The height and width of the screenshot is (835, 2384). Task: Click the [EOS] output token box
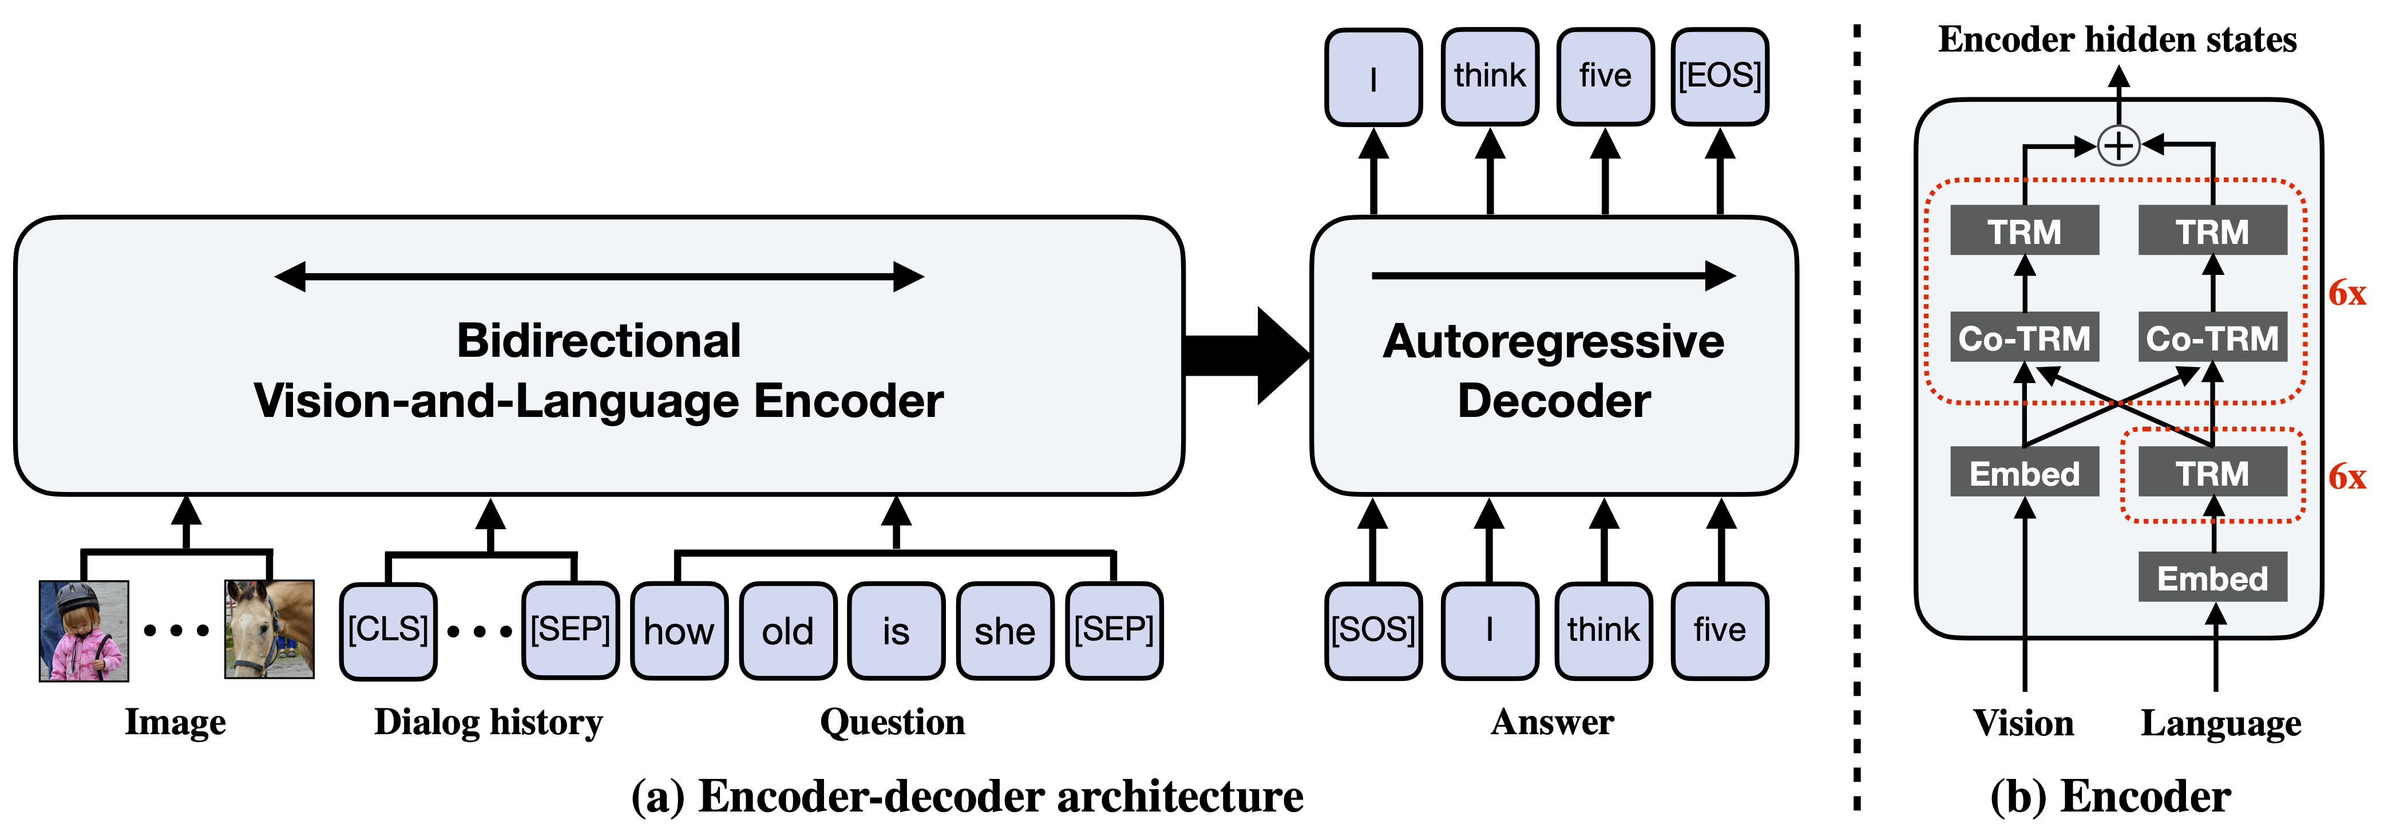coord(1720,77)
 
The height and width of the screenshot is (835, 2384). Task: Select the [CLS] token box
coord(388,631)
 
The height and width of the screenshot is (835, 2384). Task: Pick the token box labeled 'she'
coord(1005,631)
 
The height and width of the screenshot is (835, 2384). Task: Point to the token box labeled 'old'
coord(787,631)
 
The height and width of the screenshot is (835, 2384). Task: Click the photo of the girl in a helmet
coord(84,631)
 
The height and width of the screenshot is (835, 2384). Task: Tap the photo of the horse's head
coord(270,629)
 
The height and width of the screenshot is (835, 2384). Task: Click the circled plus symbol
coord(2118,145)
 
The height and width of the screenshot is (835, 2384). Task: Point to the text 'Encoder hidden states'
coord(2117,40)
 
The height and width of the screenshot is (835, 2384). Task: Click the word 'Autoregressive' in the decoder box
coord(1554,341)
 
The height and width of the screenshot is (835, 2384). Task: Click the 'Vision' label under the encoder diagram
coord(2024,723)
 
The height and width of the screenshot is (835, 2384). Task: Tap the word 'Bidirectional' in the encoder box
coord(599,341)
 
